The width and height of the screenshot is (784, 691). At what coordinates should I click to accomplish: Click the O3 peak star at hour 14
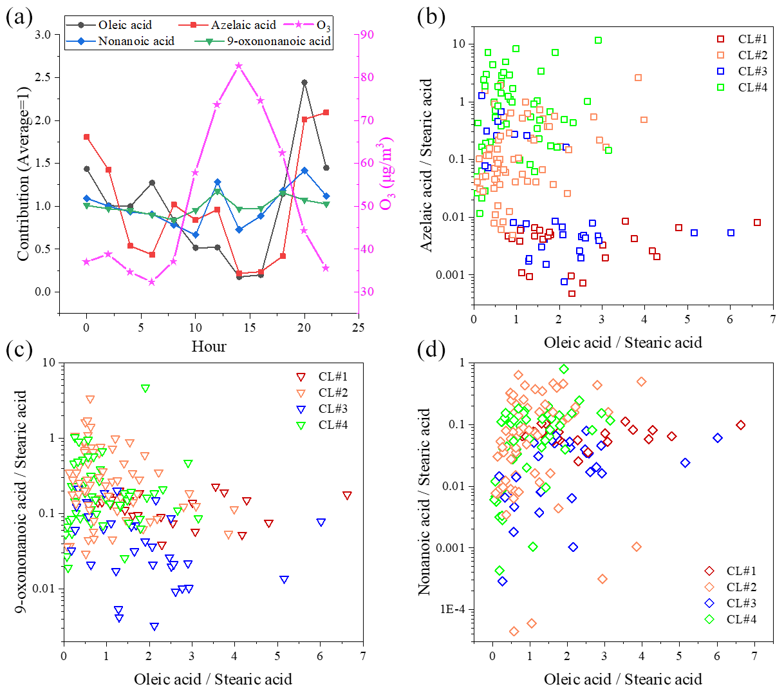tap(239, 66)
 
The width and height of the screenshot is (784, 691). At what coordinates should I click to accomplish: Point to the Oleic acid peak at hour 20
tap(304, 82)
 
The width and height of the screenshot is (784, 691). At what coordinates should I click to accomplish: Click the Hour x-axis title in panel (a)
tap(209, 346)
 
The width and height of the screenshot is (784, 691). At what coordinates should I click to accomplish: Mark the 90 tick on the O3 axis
tap(368, 35)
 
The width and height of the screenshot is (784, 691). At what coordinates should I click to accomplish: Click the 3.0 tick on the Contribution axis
tap(42, 35)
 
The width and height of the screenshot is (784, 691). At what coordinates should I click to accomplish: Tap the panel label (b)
tap(431, 17)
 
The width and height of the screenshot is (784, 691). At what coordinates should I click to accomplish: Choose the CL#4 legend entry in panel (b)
tap(752, 87)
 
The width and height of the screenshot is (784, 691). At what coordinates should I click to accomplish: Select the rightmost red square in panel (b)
tap(757, 223)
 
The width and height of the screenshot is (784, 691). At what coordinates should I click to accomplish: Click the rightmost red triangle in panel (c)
tap(347, 496)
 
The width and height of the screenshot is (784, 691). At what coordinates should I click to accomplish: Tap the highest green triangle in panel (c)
tap(145, 388)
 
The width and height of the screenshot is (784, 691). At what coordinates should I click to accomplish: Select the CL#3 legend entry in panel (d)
tap(740, 603)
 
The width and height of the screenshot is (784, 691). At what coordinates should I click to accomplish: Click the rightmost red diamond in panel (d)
tap(741, 425)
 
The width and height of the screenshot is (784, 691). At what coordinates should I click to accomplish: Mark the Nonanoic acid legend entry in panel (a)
tap(135, 41)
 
